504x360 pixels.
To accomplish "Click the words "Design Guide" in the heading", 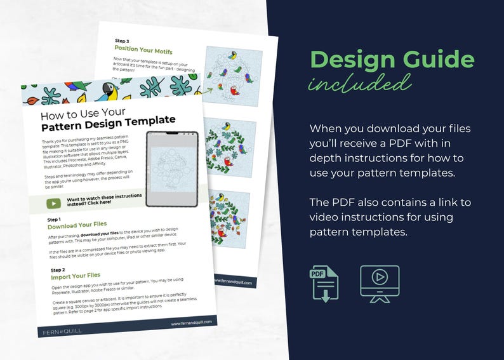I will (392, 60).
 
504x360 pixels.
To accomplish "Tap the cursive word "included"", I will (359, 83).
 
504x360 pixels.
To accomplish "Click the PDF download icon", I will (324, 283).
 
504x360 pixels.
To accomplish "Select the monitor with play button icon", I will (380, 283).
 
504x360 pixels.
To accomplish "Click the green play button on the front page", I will (53, 204).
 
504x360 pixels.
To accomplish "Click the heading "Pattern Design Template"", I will (108, 121).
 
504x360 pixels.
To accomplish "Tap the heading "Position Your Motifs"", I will (143, 50).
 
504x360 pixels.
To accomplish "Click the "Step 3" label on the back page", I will (123, 41).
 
